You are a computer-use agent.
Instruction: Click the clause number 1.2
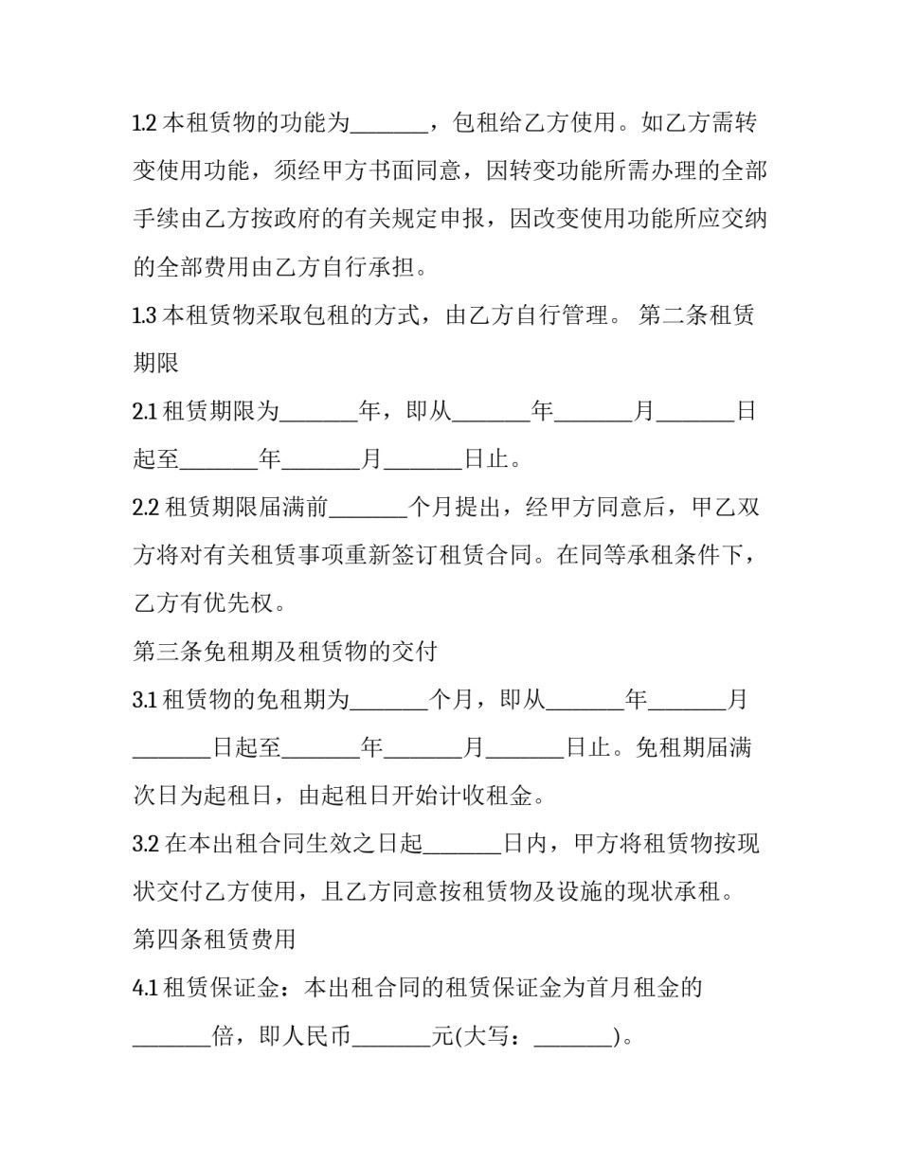coord(144,123)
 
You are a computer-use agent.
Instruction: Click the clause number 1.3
coord(144,315)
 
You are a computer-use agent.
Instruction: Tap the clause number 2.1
coord(144,412)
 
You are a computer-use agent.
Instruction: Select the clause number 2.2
coord(145,508)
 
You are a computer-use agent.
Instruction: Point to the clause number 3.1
coord(144,700)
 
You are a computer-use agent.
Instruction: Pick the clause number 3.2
coord(145,844)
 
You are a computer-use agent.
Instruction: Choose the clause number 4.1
coord(144,988)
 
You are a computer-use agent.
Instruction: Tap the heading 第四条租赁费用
coord(215,940)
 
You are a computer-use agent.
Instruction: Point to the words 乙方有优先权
coord(208,603)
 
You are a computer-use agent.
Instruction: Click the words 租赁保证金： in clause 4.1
coord(232,988)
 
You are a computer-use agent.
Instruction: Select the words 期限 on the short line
coord(156,364)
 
